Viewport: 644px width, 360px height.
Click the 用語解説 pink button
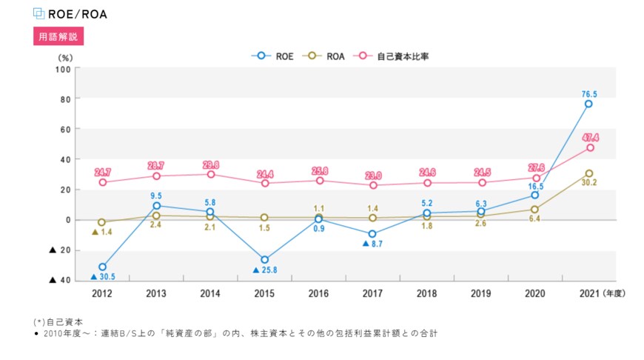click(x=58, y=36)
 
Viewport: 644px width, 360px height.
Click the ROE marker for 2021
click(x=588, y=104)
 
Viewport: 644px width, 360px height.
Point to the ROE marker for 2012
click(x=102, y=267)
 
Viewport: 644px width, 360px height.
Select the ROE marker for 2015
click(x=264, y=260)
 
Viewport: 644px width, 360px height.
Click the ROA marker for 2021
click(x=588, y=174)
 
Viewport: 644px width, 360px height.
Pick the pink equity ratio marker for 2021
click(x=588, y=148)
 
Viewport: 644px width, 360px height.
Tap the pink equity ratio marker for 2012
click(x=102, y=182)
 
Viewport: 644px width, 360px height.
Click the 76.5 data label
click(x=588, y=94)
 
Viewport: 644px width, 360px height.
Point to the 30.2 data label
click(x=588, y=183)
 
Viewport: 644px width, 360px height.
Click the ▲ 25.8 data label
click(x=264, y=270)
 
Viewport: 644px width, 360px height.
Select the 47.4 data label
click(x=590, y=138)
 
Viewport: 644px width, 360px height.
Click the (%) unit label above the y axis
click(x=65, y=56)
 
